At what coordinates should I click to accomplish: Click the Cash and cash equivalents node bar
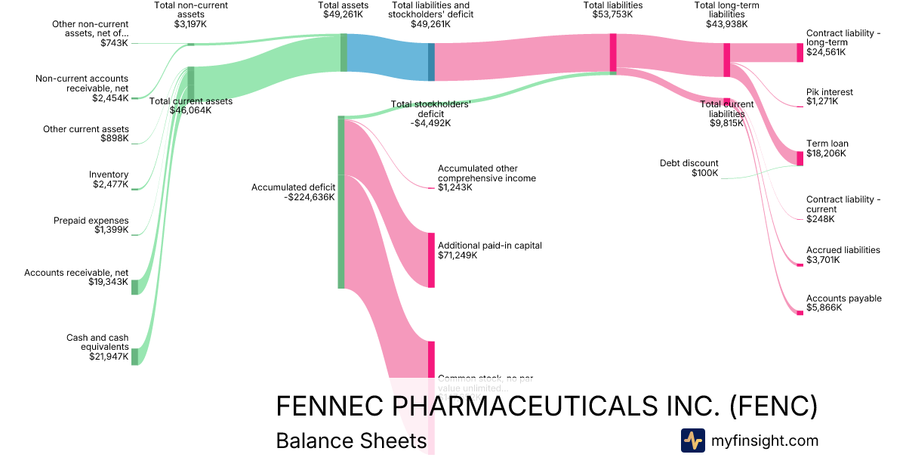(x=135, y=356)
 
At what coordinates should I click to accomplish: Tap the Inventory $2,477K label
(x=109, y=180)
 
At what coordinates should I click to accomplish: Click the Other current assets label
(x=86, y=129)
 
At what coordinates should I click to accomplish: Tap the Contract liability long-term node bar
(x=800, y=52)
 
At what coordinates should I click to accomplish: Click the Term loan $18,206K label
(x=826, y=148)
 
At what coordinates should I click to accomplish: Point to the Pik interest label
(x=829, y=92)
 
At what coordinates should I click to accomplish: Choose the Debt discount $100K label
(x=689, y=168)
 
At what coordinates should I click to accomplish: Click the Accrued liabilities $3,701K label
(x=843, y=255)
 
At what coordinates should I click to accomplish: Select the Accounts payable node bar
(x=800, y=312)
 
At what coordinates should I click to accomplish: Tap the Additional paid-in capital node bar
(x=431, y=260)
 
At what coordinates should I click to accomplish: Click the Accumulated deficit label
(x=293, y=187)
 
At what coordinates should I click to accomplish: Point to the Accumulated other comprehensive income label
(x=486, y=174)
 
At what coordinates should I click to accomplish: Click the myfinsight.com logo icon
(x=692, y=440)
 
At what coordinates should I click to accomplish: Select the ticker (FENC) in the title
(x=774, y=406)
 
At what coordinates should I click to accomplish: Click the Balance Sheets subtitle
(x=351, y=440)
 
